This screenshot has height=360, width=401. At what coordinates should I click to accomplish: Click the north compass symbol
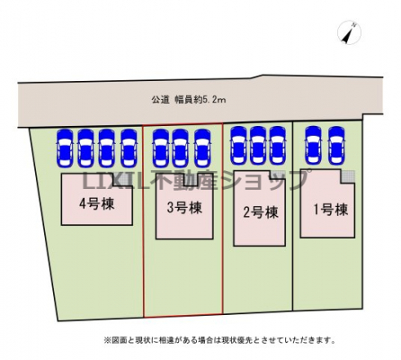349,32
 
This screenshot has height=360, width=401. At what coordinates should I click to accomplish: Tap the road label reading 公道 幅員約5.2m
189,100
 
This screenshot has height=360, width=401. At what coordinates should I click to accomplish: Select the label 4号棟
97,204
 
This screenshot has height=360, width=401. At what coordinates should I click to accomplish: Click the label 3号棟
184,208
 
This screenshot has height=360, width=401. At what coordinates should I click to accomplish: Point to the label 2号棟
261,212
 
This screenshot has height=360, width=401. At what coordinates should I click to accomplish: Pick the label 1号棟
331,210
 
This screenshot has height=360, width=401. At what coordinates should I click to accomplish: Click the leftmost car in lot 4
66,148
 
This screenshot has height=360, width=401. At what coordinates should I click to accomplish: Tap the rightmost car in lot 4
129,148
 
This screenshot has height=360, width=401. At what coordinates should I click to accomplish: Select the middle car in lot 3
180,148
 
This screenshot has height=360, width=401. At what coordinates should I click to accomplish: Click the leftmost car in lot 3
160,148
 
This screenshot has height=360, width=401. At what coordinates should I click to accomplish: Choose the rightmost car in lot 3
202,148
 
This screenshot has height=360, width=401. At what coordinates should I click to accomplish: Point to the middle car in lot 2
258,145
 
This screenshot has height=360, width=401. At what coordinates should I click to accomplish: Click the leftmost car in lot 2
238,145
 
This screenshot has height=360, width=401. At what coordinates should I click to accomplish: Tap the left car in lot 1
313,145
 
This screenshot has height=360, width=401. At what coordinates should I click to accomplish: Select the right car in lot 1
336,145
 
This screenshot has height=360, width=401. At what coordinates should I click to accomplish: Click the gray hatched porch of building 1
348,176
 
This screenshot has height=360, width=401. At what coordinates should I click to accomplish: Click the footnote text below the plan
219,340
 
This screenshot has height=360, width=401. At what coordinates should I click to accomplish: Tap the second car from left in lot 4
86,148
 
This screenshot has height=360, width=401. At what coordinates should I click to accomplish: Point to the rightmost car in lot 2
278,145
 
